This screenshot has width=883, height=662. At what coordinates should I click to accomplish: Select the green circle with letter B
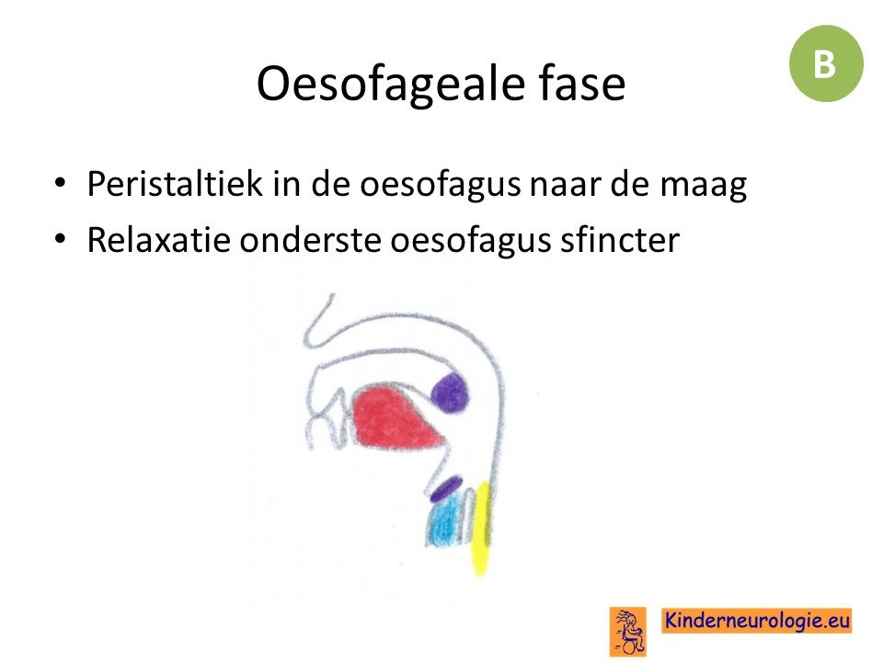(x=826, y=63)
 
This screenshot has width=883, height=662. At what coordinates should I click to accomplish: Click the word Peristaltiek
(x=175, y=184)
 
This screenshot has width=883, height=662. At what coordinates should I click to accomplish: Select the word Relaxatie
(x=159, y=240)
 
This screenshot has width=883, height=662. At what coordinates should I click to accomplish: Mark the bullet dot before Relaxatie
(x=60, y=239)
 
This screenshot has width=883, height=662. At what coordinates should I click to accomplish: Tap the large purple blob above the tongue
(x=451, y=393)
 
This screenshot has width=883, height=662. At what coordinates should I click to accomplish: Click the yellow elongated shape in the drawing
(x=480, y=528)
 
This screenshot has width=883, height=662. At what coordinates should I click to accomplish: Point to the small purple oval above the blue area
(x=447, y=489)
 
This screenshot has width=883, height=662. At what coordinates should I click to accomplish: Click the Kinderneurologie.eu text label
(x=757, y=621)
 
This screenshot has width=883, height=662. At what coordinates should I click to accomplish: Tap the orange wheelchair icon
(x=628, y=631)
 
